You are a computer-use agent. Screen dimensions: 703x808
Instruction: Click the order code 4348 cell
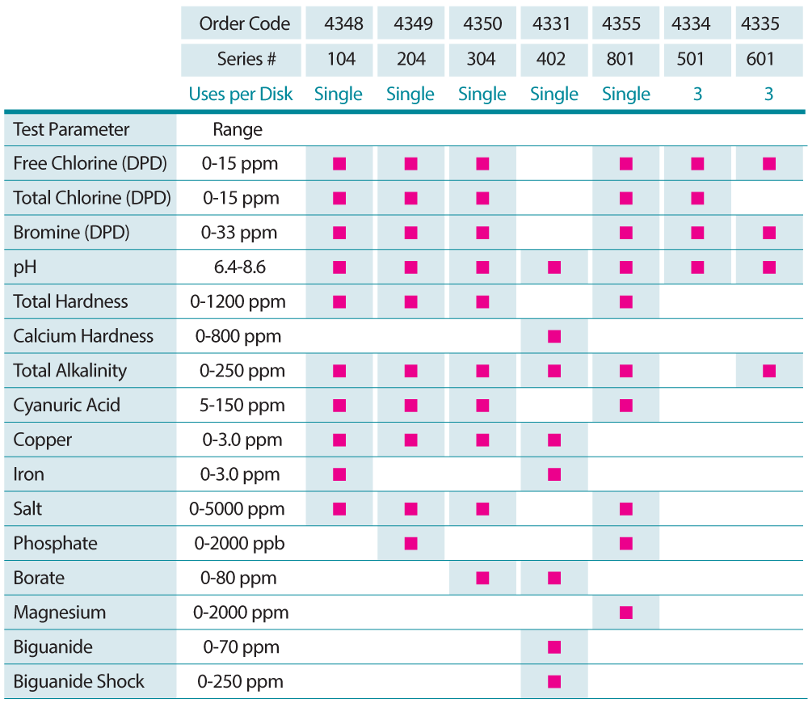339,23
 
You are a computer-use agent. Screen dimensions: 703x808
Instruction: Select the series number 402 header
553,59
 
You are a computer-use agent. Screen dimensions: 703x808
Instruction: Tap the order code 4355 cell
625,23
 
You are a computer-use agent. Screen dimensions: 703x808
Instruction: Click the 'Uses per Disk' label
241,94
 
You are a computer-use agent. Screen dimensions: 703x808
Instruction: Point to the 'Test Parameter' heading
71,129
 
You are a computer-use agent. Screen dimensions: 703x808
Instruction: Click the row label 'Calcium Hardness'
83,336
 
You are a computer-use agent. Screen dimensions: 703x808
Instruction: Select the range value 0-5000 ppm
237,509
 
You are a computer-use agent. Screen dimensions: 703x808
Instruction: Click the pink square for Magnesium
625,612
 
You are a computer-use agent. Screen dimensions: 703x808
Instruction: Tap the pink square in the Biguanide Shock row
553,681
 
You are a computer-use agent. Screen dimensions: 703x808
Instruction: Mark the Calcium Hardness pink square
553,336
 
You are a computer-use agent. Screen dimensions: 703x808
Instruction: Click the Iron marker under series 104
339,474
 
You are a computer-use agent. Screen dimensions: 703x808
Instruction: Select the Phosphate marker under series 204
410,543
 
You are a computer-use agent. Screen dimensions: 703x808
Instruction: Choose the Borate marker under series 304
482,578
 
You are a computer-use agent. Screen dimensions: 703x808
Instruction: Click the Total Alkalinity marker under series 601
768,371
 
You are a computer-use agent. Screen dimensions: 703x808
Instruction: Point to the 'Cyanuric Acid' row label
66,405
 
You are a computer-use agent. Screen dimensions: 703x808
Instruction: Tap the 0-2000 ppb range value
239,543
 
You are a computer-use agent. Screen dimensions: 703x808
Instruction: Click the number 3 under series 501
697,94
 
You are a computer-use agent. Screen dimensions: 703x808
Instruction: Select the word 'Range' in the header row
238,129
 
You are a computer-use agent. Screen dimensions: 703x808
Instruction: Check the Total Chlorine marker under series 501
697,198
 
